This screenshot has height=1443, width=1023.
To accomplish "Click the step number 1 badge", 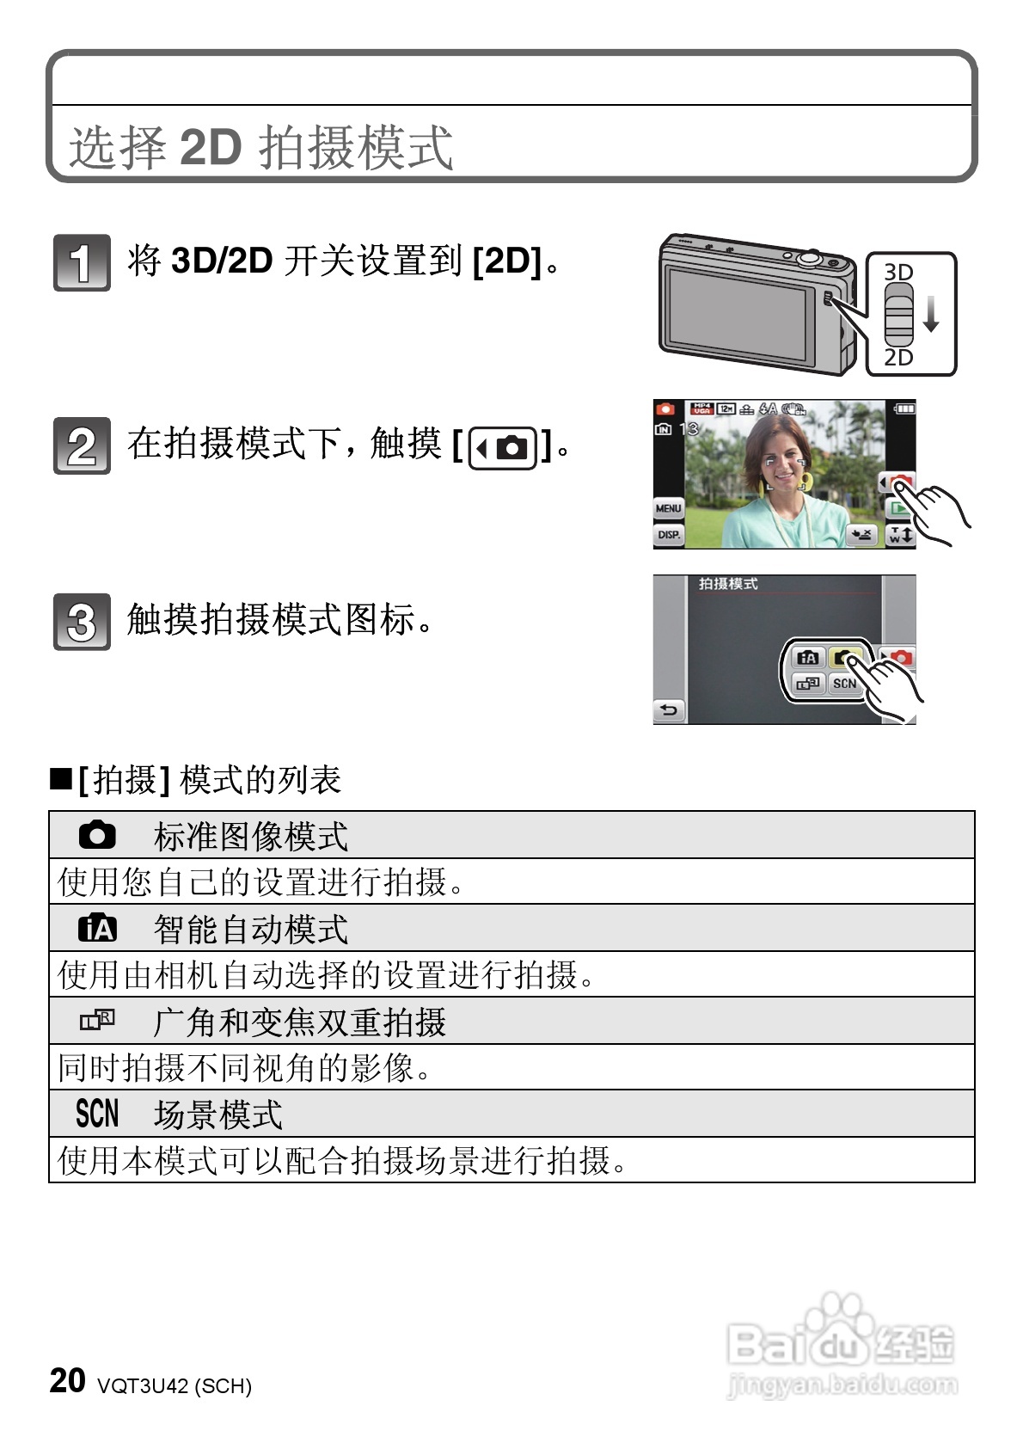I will tap(82, 262).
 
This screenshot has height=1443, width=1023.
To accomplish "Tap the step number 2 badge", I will tap(82, 445).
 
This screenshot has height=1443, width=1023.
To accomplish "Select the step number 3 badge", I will tap(82, 621).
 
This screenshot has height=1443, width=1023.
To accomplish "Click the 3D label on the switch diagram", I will tap(898, 272).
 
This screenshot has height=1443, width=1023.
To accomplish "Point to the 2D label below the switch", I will tap(898, 358).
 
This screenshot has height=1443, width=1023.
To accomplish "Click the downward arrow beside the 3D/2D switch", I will tap(931, 315).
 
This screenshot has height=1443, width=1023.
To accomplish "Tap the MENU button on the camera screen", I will tap(668, 508).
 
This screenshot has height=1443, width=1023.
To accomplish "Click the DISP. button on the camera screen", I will tap(668, 535).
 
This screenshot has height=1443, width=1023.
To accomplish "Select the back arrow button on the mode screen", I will tap(669, 710).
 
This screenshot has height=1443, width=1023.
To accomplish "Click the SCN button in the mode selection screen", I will tap(843, 684).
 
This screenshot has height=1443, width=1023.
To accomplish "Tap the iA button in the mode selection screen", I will tap(807, 658).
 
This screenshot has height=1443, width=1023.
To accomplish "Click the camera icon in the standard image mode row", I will tap(97, 835).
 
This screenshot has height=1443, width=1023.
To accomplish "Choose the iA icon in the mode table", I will tap(97, 929).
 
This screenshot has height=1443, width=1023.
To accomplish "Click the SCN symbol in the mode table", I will tap(97, 1114).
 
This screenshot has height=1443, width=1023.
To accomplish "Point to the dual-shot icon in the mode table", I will tap(97, 1021).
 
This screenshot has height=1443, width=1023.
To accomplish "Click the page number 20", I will tap(67, 1380).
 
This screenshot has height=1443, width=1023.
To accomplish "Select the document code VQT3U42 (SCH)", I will tap(175, 1386).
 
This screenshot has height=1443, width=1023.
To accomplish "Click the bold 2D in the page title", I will tap(211, 147).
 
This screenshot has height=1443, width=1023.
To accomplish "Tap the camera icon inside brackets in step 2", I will tap(503, 448).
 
